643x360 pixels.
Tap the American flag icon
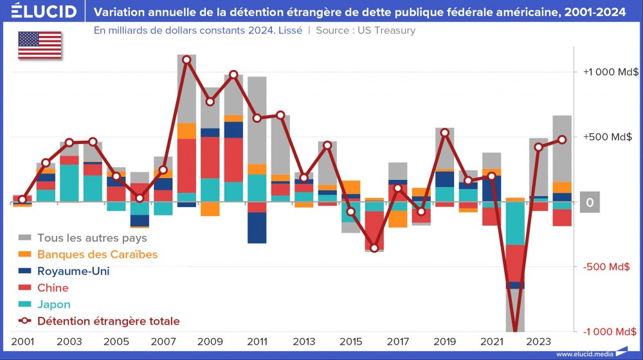[40, 46]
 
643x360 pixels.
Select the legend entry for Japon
[53, 304]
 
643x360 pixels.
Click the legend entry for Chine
[53, 287]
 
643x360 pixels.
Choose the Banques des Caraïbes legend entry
[96, 254]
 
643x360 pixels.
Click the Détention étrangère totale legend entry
[108, 321]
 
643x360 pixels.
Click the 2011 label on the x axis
[257, 341]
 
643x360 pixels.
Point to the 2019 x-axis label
[445, 341]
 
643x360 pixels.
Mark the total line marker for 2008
[186, 60]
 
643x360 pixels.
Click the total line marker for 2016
[374, 248]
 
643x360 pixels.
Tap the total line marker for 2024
[562, 139]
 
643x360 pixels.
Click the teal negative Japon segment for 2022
[515, 223]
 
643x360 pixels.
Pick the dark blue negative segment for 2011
[257, 228]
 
